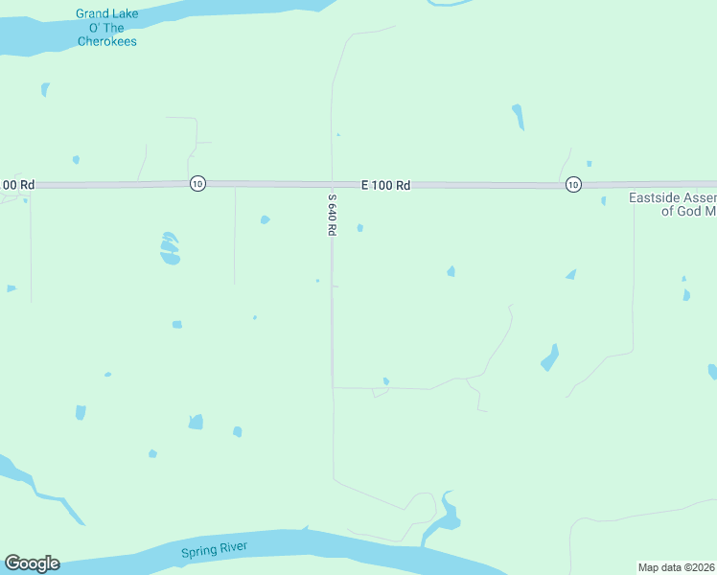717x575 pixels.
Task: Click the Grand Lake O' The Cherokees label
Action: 106,28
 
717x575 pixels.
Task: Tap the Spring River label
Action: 215,549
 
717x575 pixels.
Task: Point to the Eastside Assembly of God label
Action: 672,204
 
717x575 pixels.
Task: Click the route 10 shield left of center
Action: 197,183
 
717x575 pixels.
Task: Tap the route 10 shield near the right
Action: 572,184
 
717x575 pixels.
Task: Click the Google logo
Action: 32,563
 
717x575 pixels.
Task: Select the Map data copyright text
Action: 677,566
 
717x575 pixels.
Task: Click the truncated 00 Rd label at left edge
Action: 18,184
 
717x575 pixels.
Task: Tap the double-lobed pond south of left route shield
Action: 170,248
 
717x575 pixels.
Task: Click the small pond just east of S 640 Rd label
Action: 359,228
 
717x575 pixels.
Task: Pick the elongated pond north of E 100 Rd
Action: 519,116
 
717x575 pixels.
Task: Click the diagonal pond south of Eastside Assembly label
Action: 549,357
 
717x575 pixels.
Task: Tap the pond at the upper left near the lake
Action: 45,89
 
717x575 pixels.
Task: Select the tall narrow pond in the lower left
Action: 80,412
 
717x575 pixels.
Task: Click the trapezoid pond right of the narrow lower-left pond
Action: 196,422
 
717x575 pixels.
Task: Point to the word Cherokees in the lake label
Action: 106,41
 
